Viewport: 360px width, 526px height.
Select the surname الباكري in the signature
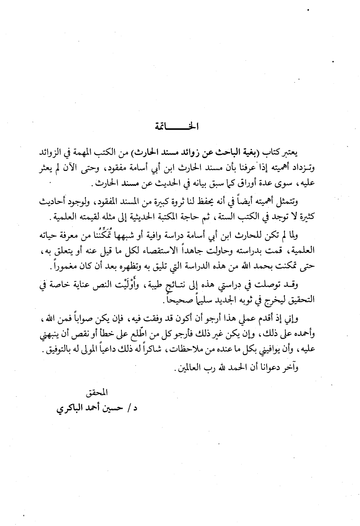tap(68, 410)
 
